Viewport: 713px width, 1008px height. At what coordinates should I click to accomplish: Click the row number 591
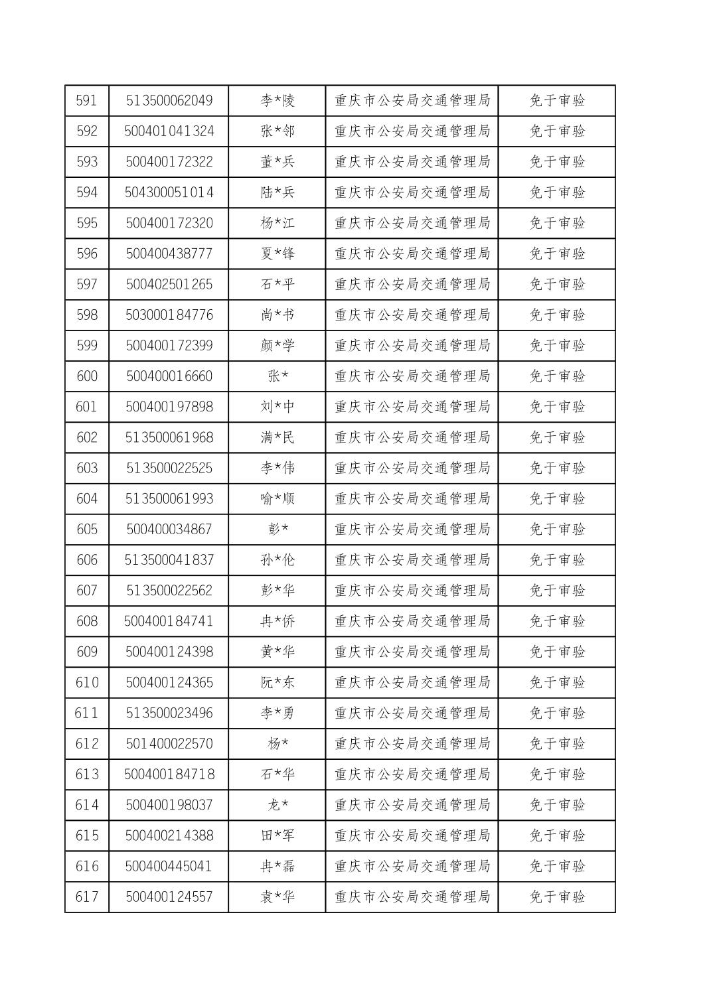[86, 101]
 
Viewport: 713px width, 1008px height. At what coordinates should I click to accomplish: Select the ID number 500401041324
[169, 131]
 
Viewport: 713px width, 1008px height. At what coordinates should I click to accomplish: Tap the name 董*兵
[277, 162]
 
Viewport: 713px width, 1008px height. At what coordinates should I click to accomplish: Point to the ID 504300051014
[169, 192]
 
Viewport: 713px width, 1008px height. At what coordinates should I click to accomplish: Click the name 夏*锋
[277, 253]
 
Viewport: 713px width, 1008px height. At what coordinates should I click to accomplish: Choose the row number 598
[86, 315]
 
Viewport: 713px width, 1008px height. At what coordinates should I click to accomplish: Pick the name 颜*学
[277, 346]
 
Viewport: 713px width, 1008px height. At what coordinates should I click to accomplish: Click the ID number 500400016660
[169, 376]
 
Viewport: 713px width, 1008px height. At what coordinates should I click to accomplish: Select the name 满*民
[277, 437]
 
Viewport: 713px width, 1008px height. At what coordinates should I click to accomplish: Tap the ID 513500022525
[169, 468]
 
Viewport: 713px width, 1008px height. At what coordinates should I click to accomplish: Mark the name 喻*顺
[277, 498]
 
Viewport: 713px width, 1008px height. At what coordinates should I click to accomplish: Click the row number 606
[86, 560]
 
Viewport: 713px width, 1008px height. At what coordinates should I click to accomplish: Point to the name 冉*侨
[277, 621]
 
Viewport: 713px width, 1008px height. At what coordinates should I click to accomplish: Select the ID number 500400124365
[169, 682]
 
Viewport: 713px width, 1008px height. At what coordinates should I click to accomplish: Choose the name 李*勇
[277, 713]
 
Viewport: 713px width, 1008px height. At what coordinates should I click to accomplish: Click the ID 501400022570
[169, 743]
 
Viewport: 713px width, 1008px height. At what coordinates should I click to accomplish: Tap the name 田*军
[277, 835]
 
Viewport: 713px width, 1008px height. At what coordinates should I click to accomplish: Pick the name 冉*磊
[277, 866]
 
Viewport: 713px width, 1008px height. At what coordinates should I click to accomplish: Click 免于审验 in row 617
[557, 897]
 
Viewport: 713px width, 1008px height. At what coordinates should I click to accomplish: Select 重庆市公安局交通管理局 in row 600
[412, 376]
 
